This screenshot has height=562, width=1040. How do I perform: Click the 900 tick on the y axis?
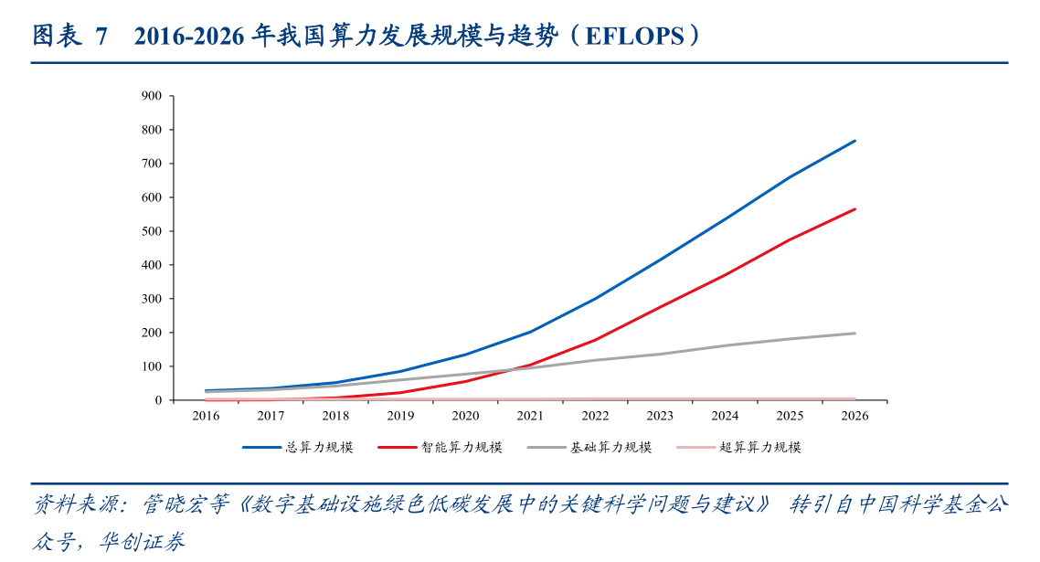pyautogui.click(x=152, y=96)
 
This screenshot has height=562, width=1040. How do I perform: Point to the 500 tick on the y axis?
pyautogui.click(x=152, y=231)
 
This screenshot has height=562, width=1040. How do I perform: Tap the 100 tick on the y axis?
pyautogui.click(x=152, y=366)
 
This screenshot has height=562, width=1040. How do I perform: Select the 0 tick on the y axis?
pyautogui.click(x=157, y=400)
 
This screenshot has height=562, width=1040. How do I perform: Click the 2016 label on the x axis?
pyautogui.click(x=207, y=416)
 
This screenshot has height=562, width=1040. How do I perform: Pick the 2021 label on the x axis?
pyautogui.click(x=531, y=416)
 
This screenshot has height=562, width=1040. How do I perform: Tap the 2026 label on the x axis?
pyautogui.click(x=854, y=416)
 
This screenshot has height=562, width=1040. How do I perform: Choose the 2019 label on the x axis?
pyautogui.click(x=401, y=416)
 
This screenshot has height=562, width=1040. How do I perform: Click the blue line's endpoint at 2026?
pyautogui.click(x=854, y=141)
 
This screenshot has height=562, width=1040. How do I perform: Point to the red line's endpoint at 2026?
pyautogui.click(x=854, y=209)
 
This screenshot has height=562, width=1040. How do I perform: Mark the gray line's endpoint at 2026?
pyautogui.click(x=854, y=334)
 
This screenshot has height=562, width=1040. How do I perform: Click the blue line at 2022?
pyautogui.click(x=596, y=299)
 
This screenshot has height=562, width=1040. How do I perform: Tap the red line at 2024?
pyautogui.click(x=726, y=274)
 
